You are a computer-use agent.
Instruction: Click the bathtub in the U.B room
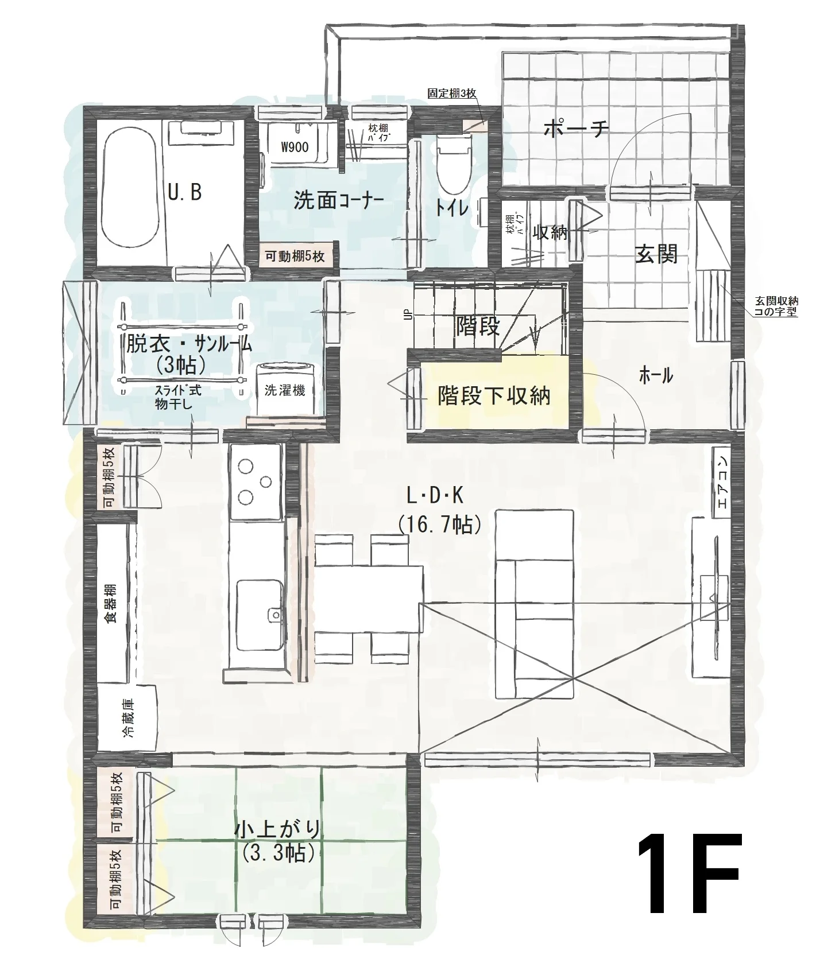[x=129, y=193]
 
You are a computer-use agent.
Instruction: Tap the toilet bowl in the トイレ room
[x=454, y=164]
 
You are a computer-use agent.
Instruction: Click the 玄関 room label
[x=656, y=254]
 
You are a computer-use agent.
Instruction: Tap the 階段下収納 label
[x=494, y=395]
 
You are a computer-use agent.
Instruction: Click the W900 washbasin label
[x=295, y=147]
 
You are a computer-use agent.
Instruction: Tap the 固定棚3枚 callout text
[x=452, y=93]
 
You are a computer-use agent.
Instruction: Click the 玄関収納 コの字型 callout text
[x=776, y=306]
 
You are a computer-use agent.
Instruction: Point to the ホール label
[x=656, y=376]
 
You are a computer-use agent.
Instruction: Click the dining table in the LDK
[x=369, y=598]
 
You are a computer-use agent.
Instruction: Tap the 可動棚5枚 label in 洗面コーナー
[x=295, y=256]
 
